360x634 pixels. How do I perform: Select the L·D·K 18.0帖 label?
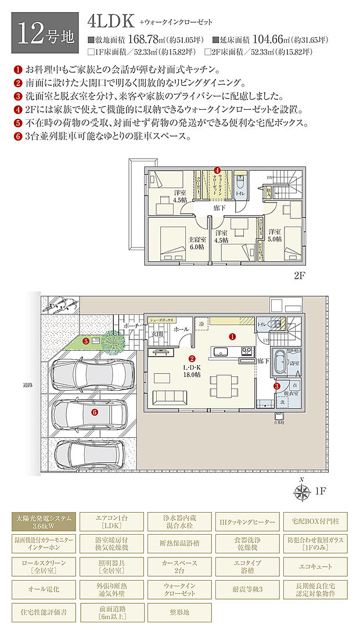click(193, 372)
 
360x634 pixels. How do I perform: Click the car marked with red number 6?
click(93, 412)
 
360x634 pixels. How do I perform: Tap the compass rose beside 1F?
click(301, 492)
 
